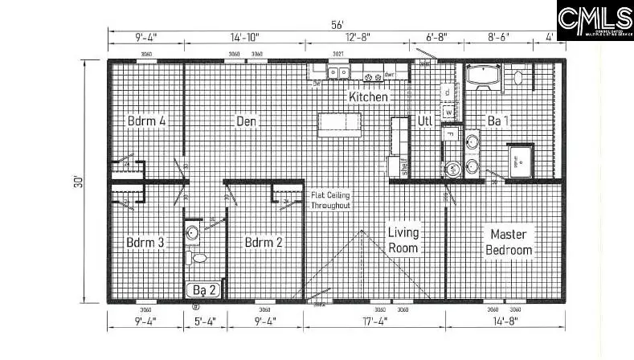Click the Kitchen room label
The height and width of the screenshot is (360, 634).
368,96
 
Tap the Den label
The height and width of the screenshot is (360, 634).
246,121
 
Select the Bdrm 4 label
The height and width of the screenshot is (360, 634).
146,121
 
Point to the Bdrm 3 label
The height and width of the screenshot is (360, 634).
145,242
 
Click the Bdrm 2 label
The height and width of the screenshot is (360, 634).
264,242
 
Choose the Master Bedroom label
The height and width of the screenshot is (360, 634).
509,242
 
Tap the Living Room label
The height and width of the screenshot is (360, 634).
403,240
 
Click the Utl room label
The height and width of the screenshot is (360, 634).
425,121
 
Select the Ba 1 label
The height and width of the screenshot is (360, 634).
498,121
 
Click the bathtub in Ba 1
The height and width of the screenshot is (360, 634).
485,77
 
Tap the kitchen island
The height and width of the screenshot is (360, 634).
339,125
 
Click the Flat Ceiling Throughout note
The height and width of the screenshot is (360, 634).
330,200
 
